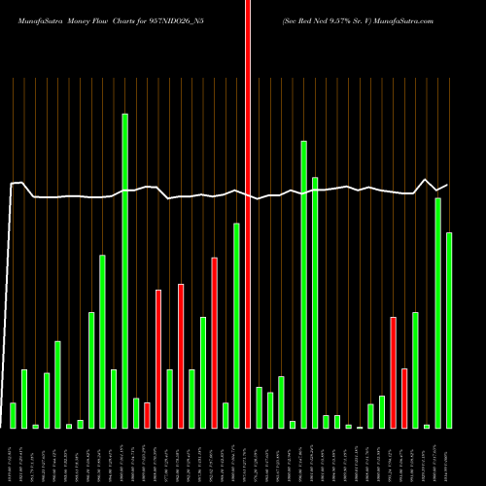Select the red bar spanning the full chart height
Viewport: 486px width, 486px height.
[x=248, y=214]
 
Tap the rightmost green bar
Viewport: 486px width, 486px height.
[x=449, y=330]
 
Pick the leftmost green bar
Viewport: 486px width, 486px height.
[x=13, y=415]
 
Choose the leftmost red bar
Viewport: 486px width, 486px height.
[x=147, y=415]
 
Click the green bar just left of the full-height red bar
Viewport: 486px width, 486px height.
[x=236, y=326]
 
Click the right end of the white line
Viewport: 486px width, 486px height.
[x=447, y=185]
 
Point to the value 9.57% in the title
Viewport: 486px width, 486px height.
[x=336, y=18]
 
